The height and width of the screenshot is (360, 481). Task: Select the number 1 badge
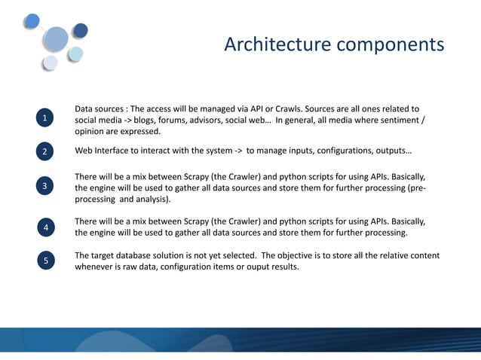pos(45,118)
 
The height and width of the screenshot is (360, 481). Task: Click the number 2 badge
pos(45,152)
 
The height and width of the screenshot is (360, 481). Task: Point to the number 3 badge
pos(45,186)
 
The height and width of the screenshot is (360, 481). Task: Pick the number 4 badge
pos(46,227)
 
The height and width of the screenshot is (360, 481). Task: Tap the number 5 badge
pos(46,261)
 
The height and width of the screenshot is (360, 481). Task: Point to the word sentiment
pos(398,121)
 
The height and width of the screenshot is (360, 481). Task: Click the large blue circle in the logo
pos(57,38)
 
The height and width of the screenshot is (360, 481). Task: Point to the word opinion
pos(90,132)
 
